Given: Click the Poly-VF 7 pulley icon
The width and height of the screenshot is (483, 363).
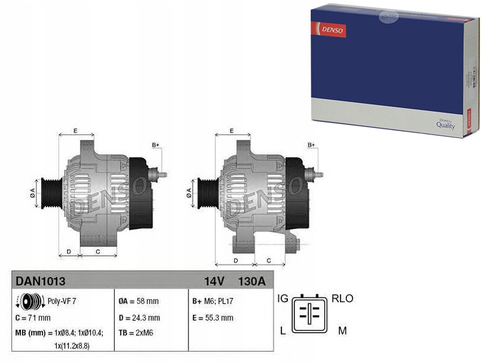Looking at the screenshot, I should pyautogui.click(x=32, y=301).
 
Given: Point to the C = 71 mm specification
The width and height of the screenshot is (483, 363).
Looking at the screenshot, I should pyautogui.click(x=34, y=317).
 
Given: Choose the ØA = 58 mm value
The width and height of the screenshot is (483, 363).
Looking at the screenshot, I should pyautogui.click(x=138, y=301).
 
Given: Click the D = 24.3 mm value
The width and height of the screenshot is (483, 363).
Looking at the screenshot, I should pyautogui.click(x=140, y=318).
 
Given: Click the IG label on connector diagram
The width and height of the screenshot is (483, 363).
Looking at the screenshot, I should pyautogui.click(x=284, y=298).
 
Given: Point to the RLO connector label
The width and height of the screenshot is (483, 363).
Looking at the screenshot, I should pyautogui.click(x=342, y=298).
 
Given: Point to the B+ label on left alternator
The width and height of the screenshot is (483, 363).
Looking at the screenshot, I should pyautogui.click(x=156, y=145).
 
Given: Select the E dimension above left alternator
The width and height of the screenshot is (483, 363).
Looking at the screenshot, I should pyautogui.click(x=75, y=130).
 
